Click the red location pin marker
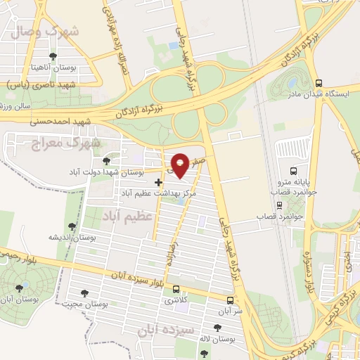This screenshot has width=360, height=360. [x=181, y=164]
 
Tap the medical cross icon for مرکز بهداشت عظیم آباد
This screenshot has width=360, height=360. [x=158, y=182]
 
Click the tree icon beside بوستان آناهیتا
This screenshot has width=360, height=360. [x=52, y=56]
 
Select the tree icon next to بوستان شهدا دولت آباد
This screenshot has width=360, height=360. [x=107, y=161]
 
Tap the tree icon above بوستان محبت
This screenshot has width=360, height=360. [x=85, y=292]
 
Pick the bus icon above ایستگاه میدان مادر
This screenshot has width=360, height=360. [x=319, y=83]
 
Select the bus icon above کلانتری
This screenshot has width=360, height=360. [x=176, y=288]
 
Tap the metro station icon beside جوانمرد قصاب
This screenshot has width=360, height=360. [x=280, y=206]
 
